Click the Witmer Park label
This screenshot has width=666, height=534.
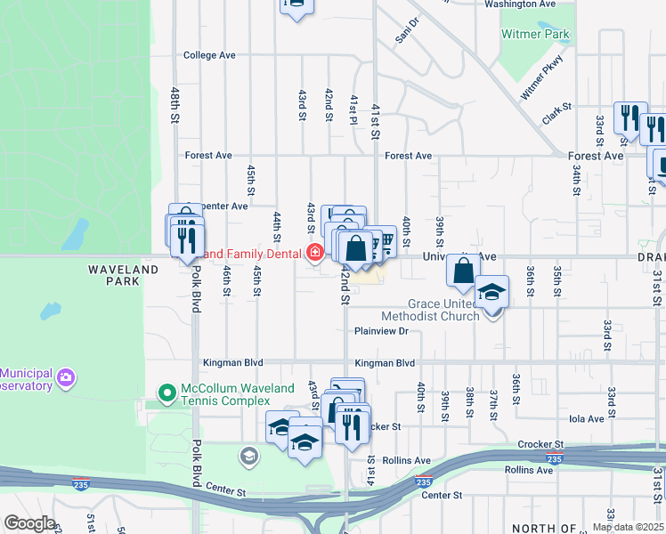tap(535, 34)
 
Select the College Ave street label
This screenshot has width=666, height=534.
tap(209, 55)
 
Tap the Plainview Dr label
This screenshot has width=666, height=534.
tap(380, 331)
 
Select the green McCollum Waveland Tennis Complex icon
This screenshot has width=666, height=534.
tap(166, 392)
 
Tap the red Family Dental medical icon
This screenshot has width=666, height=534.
tap(313, 254)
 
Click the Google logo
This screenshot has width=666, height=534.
tap(29, 523)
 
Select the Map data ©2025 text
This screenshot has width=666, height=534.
tap(628, 527)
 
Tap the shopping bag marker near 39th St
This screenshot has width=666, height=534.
tap(464, 270)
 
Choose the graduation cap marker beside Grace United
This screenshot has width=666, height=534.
tap(491, 293)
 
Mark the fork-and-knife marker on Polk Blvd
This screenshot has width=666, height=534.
tap(188, 241)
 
